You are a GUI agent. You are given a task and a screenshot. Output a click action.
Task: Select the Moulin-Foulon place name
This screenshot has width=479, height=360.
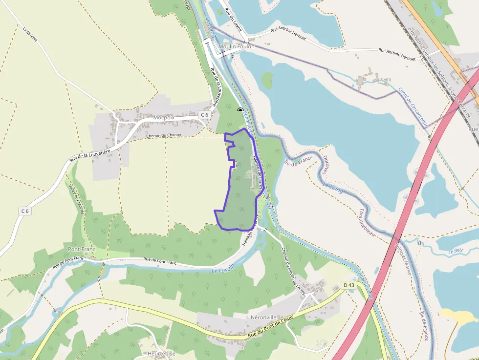coord(237,46)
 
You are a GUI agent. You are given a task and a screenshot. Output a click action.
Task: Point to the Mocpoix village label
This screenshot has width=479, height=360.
coord(164,117)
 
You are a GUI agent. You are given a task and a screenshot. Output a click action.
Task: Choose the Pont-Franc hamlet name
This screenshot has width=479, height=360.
coord(81,249)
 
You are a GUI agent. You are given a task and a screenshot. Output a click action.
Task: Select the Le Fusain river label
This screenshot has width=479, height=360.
coord(223,268)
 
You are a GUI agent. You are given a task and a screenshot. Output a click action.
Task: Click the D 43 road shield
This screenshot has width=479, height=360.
coord(348,285)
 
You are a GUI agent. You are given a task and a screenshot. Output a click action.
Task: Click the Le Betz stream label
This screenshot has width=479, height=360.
coord(455,252)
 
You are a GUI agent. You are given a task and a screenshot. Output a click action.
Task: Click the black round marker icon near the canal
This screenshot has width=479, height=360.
coord(240,110)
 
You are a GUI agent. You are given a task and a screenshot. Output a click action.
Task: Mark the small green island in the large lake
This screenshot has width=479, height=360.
coord(267,80)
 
